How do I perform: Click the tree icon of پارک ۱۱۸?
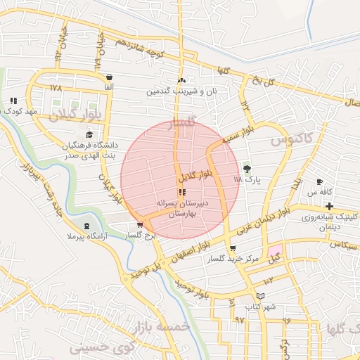pyautogui.click(x=247, y=168)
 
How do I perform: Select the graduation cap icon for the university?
pyautogui.click(x=89, y=135)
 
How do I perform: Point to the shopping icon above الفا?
pyautogui.click(x=109, y=77)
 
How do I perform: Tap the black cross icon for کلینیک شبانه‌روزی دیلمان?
pyautogui.click(x=329, y=205)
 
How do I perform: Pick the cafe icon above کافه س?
pyautogui.click(x=320, y=181)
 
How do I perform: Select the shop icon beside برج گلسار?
pyautogui.click(x=140, y=225)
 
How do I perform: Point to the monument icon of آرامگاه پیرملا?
pyautogui.click(x=86, y=226)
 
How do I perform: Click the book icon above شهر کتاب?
pyautogui.click(x=261, y=297)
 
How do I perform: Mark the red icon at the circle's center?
pyautogui.click(x=183, y=192)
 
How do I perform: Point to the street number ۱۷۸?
pyautogui.click(x=56, y=88)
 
